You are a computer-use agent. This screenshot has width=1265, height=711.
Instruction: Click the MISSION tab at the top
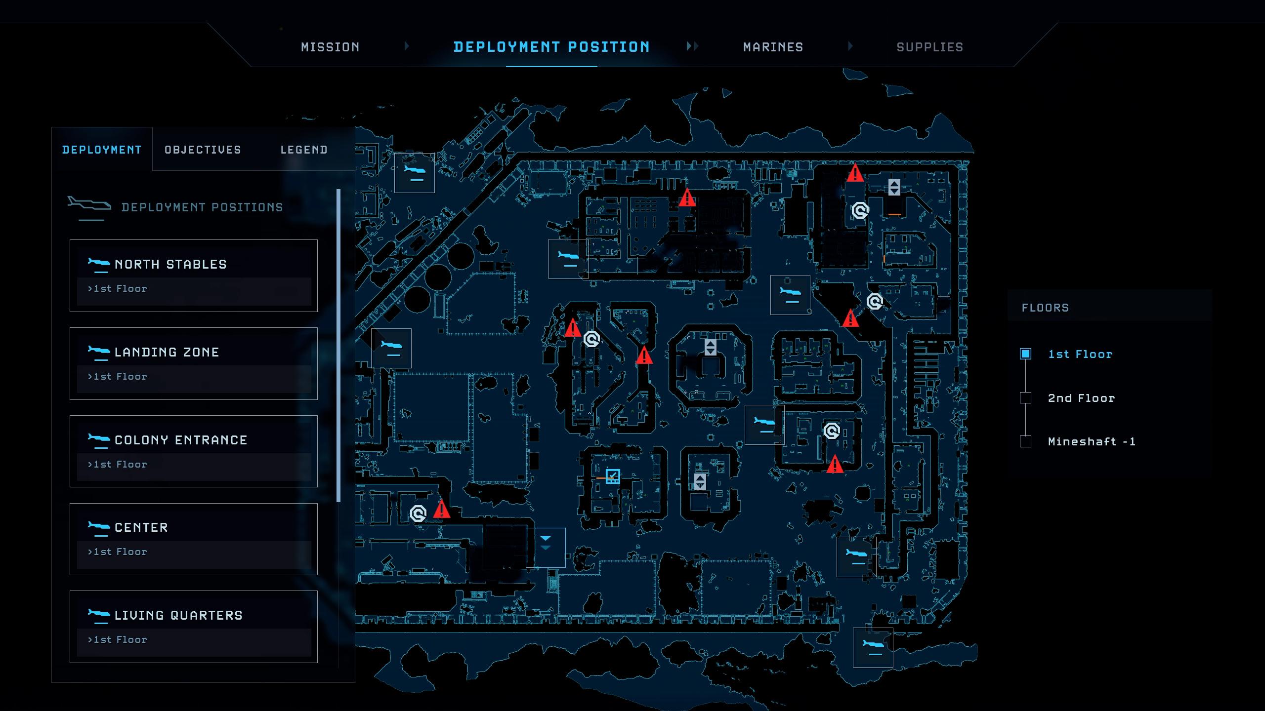coord(330,47)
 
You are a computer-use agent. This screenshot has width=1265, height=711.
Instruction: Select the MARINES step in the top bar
coord(773,47)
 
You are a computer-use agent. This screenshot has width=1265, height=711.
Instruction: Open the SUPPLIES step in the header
coord(930,47)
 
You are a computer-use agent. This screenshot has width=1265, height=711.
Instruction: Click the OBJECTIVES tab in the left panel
coord(203,150)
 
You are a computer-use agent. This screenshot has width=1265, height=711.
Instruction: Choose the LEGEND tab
coord(304,150)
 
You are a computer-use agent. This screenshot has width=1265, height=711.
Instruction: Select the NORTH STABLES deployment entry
coord(194,276)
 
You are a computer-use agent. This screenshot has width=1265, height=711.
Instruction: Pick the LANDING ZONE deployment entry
coord(194,363)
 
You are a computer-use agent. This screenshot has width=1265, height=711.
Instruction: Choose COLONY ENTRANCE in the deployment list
coord(194,451)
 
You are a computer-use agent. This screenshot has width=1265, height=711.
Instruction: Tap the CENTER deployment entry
coord(194,539)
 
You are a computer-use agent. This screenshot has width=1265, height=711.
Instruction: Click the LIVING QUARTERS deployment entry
coord(194,627)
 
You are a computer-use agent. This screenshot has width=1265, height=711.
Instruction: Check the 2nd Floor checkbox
coord(1025,398)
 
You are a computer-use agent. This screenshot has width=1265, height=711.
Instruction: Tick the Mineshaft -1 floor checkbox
coord(1025,441)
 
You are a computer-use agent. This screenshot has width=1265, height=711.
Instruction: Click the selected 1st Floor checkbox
coord(1025,354)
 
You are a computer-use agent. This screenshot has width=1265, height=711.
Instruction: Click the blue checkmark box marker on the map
coord(613,476)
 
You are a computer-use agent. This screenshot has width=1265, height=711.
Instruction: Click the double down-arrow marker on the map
coord(546,543)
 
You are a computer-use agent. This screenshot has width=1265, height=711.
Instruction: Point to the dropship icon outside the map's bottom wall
coord(873,647)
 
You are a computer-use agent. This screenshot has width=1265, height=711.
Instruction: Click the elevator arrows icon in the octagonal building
coord(710,347)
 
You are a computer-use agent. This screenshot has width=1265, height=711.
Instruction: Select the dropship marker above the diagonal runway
coord(415,173)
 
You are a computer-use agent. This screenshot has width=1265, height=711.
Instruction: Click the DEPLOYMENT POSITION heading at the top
coord(551,47)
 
